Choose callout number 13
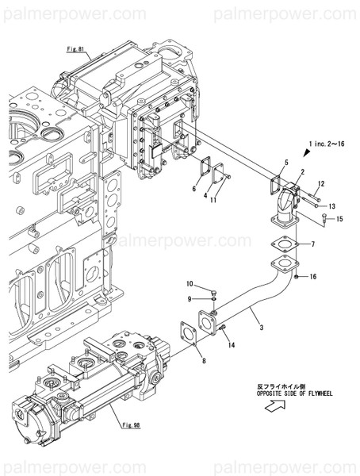coord(332,205)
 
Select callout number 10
coord(190,284)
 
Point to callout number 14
coord(231,346)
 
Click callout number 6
coord(193,189)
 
